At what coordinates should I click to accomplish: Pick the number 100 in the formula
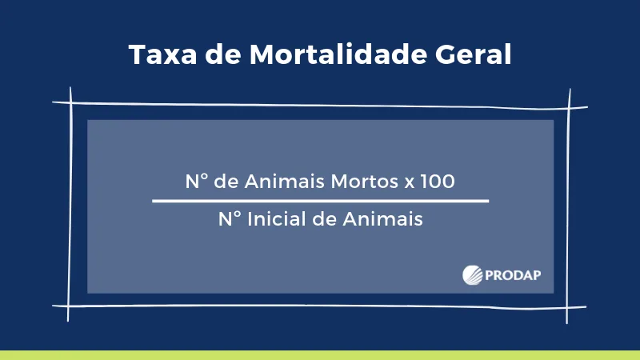coord(437,182)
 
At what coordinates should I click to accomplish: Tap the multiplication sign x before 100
coord(408,182)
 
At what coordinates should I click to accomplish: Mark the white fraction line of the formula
coord(320,201)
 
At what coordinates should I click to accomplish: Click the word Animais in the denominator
coord(386,218)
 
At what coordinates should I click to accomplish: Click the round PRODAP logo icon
coord(472,274)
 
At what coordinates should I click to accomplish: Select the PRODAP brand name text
coord(514,274)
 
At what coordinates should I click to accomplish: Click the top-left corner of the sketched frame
coord(70,102)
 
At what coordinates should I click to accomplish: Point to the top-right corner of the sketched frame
coord(569,105)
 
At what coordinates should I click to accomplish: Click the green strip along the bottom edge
coord(320,355)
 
